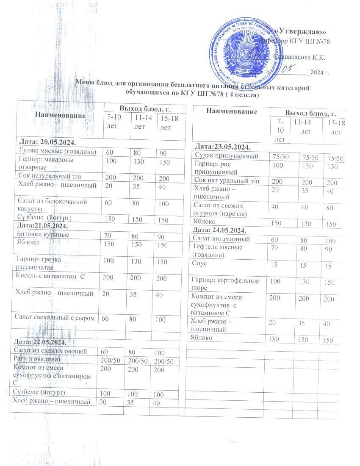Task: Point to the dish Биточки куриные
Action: coord(42,234)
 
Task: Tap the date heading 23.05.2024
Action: coord(222,147)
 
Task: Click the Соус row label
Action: coord(199,264)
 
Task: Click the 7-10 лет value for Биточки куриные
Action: coord(108,235)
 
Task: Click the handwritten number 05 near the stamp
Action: coord(288,68)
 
